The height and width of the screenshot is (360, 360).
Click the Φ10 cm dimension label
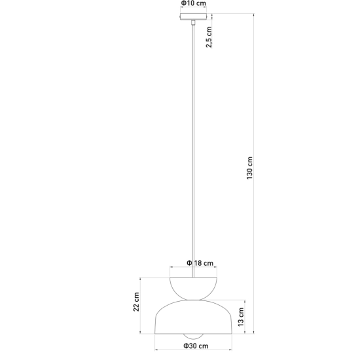[194, 3]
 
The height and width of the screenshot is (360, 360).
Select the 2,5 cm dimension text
[209, 37]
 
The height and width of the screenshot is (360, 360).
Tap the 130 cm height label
[249, 168]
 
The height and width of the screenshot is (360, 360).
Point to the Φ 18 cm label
[200, 263]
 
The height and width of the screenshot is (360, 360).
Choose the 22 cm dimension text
[136, 302]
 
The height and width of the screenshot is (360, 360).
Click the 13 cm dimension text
[241, 317]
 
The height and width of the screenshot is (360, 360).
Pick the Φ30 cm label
[196, 346]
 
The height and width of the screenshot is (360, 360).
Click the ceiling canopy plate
[193, 17]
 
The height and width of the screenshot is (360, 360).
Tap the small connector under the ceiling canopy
[193, 22]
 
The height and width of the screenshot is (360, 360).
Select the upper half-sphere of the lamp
[193, 289]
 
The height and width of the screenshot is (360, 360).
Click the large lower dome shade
[193, 317]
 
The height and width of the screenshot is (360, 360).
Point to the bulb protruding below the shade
[193, 336]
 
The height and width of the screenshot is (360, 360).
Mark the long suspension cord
[193, 151]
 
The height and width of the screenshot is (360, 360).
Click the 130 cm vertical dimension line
[254, 173]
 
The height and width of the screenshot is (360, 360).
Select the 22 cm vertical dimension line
[140, 306]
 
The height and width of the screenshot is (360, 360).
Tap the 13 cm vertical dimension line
[245, 317]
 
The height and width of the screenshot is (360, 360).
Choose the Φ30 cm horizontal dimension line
[193, 350]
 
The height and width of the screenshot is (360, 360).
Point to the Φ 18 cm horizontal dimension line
[193, 267]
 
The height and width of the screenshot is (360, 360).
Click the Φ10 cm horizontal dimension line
[193, 7]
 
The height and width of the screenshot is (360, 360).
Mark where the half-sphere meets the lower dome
[193, 300]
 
